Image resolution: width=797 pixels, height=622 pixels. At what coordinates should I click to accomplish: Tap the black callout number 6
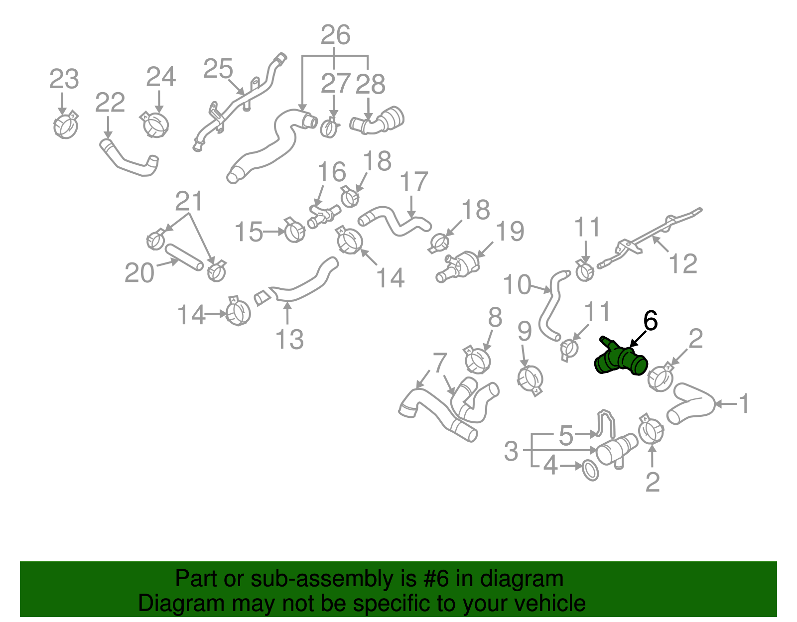(650, 321)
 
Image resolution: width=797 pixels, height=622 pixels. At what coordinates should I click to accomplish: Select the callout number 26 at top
(335, 35)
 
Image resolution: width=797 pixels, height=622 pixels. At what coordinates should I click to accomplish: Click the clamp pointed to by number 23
(66, 125)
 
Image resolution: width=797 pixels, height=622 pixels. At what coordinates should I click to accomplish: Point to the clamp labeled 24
(156, 124)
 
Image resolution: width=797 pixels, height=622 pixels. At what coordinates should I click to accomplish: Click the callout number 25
(218, 69)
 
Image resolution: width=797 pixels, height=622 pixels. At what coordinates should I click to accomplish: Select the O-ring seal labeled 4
(590, 470)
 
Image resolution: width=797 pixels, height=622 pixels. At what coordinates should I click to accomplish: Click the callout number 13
(289, 340)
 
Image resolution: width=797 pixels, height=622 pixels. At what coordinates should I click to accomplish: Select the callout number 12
(683, 263)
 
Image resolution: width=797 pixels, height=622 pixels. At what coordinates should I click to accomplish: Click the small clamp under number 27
(329, 127)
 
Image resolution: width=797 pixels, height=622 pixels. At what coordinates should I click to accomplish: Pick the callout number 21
(189, 201)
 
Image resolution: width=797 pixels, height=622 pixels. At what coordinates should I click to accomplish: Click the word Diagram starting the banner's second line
(167, 604)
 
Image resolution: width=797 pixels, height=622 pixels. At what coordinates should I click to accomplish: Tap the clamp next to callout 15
(294, 231)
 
